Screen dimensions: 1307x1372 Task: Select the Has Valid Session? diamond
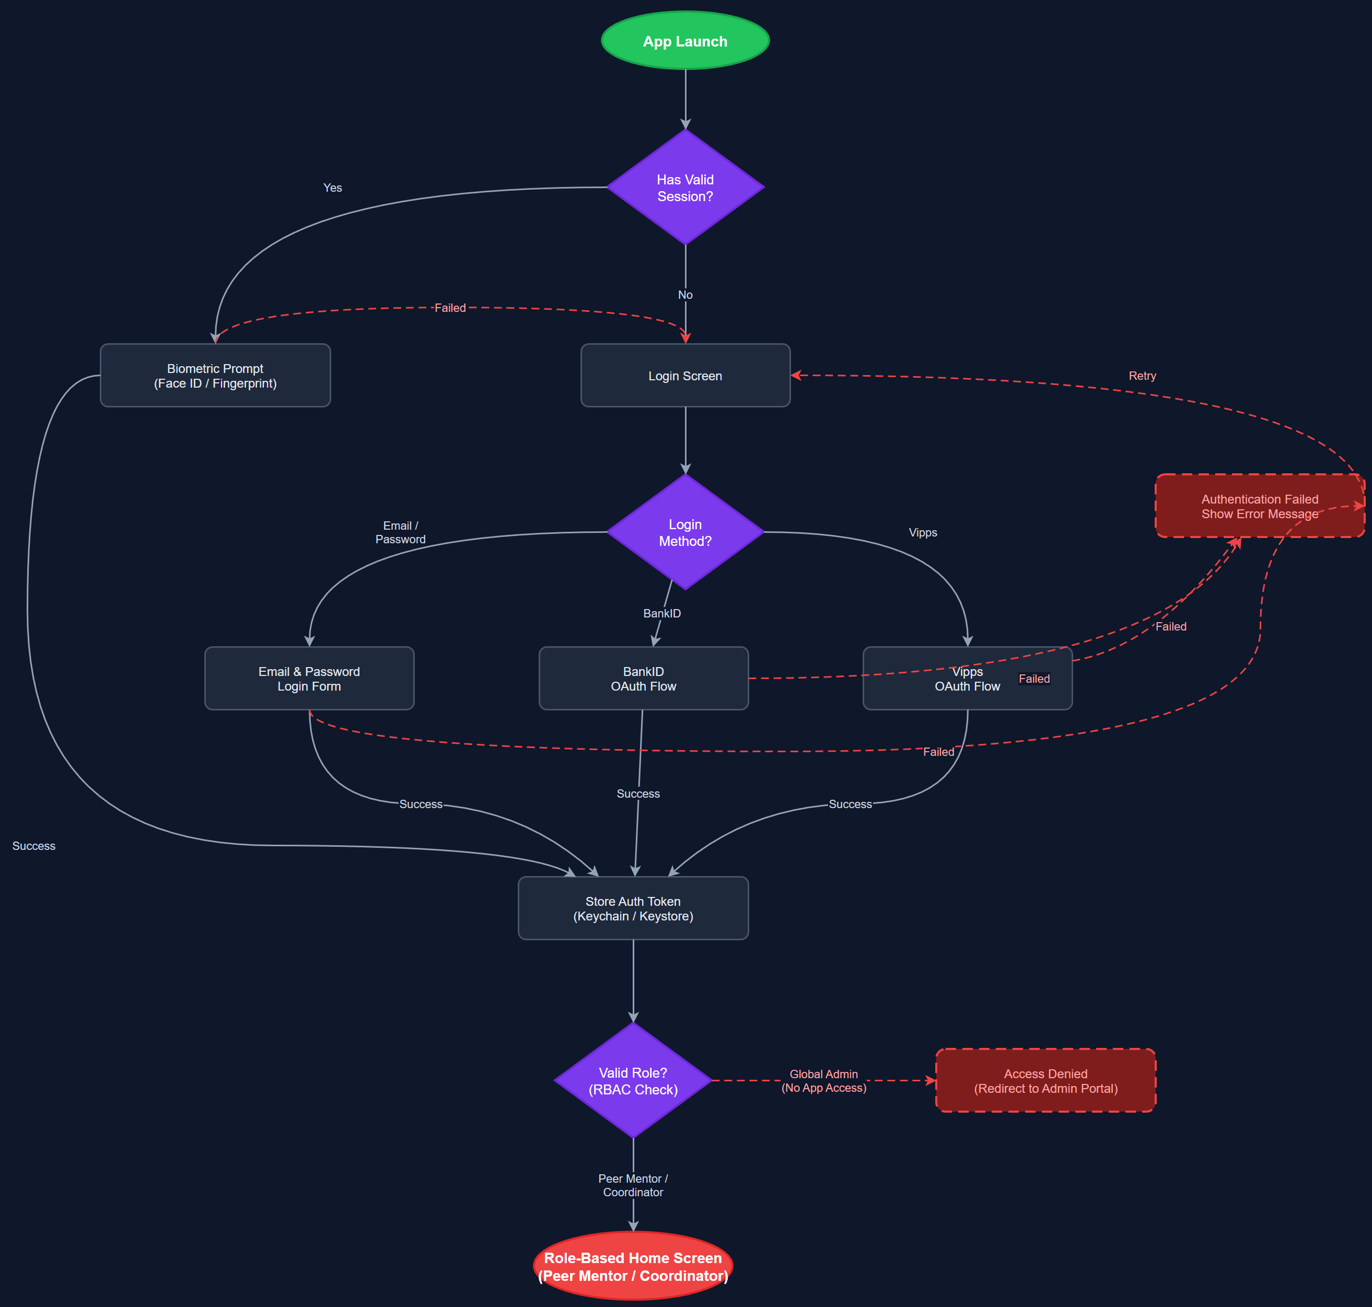(685, 188)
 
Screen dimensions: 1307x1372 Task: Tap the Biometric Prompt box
(215, 376)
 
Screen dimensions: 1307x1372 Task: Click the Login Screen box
(685, 376)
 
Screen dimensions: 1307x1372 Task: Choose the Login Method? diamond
(685, 532)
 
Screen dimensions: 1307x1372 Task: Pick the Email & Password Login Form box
(309, 679)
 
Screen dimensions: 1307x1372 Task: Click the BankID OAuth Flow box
(643, 679)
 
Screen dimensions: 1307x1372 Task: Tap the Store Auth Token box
(633, 908)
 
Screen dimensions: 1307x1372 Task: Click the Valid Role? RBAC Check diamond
(633, 1081)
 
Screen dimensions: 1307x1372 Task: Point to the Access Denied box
(1045, 1081)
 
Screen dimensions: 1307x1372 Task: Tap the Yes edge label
(332, 188)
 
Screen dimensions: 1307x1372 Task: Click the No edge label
(685, 295)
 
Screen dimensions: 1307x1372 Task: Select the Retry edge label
(1142, 376)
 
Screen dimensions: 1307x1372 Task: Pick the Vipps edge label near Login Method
(923, 533)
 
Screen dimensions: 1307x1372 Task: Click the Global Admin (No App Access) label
(823, 1081)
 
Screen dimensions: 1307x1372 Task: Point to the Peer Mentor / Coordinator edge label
(633, 1185)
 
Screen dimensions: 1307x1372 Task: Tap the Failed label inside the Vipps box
(1033, 679)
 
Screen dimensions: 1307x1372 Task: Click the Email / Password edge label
(400, 532)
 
